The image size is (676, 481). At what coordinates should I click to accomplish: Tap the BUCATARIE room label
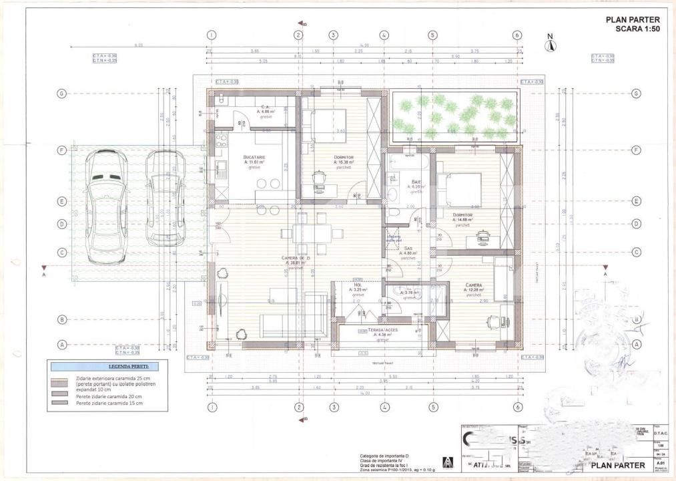(254, 158)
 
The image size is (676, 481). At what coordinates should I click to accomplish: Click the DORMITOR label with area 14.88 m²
(462, 215)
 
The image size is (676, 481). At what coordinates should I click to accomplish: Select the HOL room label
(358, 287)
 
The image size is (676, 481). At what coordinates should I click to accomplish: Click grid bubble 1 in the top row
(211, 35)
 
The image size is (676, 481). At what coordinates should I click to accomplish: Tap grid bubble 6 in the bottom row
(517, 407)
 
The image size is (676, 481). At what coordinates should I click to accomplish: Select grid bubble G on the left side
(61, 94)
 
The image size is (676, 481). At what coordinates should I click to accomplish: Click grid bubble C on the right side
(637, 252)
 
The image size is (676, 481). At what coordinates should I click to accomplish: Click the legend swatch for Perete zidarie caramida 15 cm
(61, 403)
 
